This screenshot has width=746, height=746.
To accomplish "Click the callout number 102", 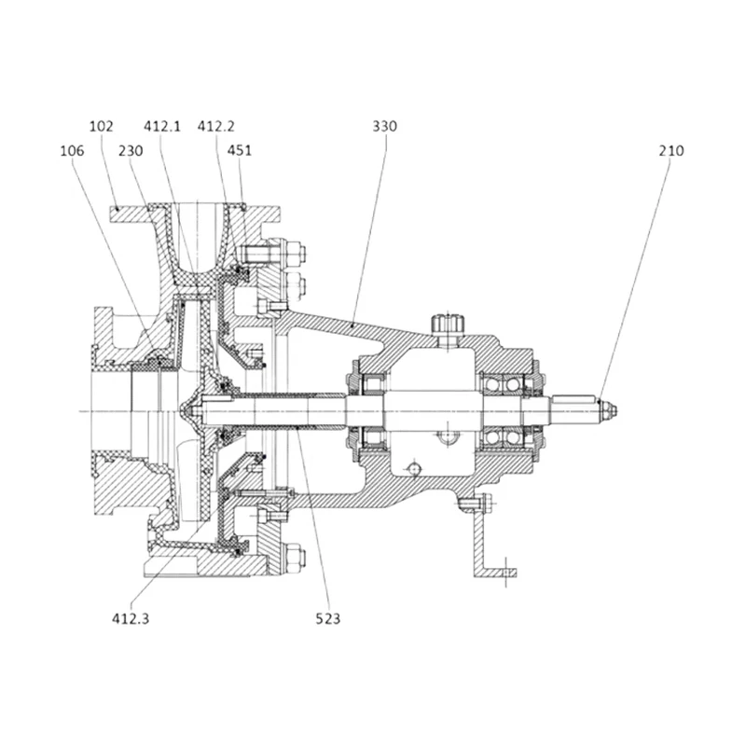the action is click(102, 126).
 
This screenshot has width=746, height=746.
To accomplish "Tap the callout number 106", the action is click(72, 151).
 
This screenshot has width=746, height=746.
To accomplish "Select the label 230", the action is click(131, 151).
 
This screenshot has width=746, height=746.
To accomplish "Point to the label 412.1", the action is click(162, 126).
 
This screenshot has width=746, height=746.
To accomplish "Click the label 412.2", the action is click(216, 126).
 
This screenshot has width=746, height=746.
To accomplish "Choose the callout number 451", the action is click(240, 150).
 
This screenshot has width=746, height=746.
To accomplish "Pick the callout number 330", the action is click(384, 126).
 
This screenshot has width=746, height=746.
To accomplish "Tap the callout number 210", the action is click(671, 151).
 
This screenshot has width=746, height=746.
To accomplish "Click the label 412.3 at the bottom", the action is click(131, 618).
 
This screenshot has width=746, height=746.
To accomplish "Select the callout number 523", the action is click(328, 618).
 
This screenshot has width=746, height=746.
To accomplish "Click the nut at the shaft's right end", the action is click(609, 410).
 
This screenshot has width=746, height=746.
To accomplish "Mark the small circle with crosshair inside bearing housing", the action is click(414, 469).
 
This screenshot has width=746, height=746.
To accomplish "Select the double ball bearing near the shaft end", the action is click(504, 410).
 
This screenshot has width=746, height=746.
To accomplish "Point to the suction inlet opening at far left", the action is click(110, 411).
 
